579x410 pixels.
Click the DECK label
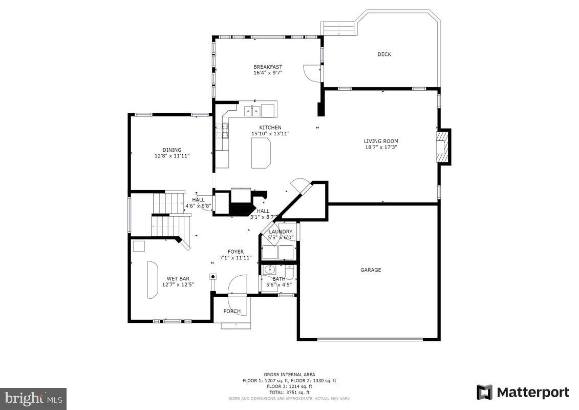(x=384, y=54)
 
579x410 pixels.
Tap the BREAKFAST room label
(x=268, y=67)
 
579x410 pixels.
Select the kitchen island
(x=261, y=153)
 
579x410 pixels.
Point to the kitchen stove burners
(x=223, y=132)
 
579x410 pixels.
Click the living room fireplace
(x=442, y=147)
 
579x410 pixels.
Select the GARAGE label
(x=371, y=270)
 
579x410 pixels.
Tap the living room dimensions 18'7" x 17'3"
(x=381, y=147)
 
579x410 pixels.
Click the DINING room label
(x=172, y=150)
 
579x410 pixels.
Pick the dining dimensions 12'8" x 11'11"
(x=172, y=156)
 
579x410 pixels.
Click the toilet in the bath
(x=289, y=270)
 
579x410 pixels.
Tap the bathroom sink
(x=268, y=270)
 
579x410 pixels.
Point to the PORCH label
(x=232, y=311)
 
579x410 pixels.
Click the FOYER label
(x=236, y=252)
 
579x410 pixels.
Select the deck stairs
(x=337, y=28)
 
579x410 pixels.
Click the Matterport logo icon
(x=484, y=393)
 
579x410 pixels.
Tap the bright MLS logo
(x=33, y=398)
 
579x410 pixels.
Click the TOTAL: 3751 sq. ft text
(x=289, y=392)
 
